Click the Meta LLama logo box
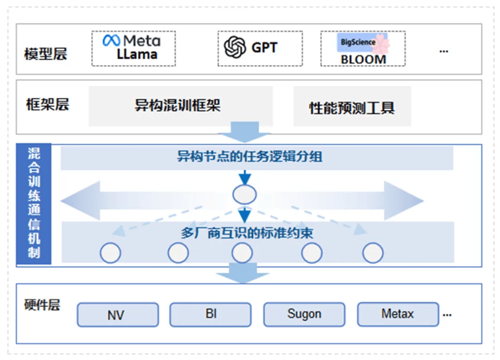click(133, 48)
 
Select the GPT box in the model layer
click(260, 48)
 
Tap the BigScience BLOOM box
click(363, 48)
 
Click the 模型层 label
click(45, 54)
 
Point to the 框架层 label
click(47, 105)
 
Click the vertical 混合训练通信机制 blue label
click(34, 204)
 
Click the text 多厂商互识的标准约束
click(247, 233)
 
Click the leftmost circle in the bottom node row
click(111, 253)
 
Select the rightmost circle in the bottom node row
click(373, 253)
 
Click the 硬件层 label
click(42, 305)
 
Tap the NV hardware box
click(118, 315)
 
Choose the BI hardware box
click(211, 314)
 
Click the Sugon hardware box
click(304, 314)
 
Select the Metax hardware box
click(398, 314)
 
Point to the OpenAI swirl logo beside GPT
click(235, 47)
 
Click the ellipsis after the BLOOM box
click(444, 51)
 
